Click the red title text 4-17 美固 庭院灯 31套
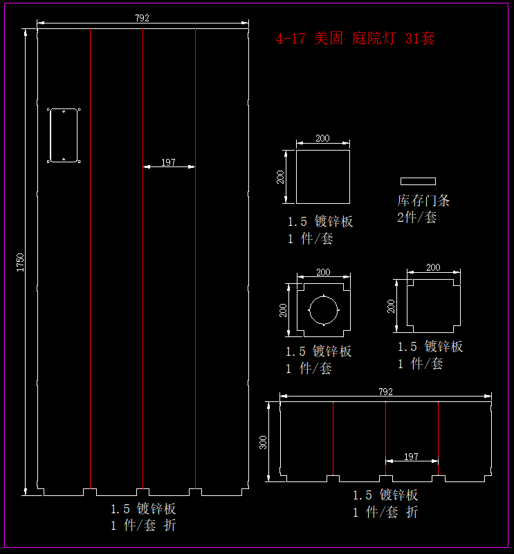355,38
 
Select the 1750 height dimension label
20,262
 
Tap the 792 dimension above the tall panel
143,18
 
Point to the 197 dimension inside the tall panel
168,162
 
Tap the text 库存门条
423,200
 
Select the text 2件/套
416,217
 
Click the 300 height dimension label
263,442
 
